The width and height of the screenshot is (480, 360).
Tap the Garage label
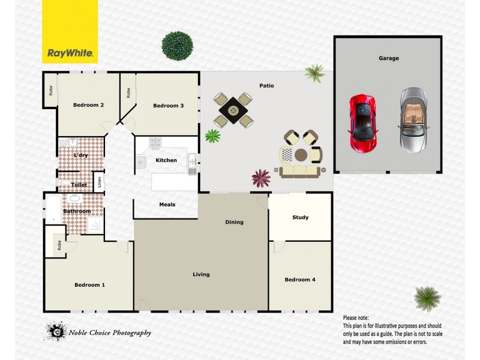(389, 58)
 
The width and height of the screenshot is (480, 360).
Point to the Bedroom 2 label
(89, 105)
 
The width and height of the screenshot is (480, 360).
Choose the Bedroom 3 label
(168, 106)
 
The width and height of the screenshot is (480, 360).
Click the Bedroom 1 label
(90, 284)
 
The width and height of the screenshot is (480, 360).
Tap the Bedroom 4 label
(300, 280)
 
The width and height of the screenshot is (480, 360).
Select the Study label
(301, 217)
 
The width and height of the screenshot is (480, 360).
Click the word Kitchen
(166, 160)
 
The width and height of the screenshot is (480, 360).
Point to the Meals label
(167, 205)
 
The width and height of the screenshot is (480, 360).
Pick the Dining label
(234, 222)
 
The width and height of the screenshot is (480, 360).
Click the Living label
(201, 274)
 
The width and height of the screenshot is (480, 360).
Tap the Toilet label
(79, 185)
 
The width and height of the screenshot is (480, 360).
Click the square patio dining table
(233, 110)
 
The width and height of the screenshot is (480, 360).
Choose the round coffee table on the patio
(300, 155)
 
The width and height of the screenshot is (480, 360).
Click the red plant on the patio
(261, 178)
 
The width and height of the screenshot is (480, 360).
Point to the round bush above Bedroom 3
(178, 45)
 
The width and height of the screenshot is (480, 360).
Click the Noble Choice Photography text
(109, 333)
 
